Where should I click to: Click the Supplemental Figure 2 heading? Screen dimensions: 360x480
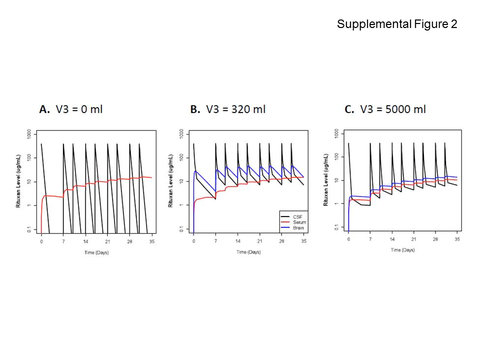point(397,24)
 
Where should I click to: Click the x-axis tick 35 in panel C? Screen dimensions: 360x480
point(457,240)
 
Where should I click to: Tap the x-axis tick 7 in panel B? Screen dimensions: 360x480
point(215,241)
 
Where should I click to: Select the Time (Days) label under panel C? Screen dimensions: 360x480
point(402,249)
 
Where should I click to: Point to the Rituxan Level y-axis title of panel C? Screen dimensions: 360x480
point(325,181)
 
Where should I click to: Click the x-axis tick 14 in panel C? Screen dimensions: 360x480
point(392,240)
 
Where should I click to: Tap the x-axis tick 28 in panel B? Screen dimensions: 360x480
point(281,241)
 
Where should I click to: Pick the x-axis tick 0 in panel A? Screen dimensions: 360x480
point(41,241)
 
